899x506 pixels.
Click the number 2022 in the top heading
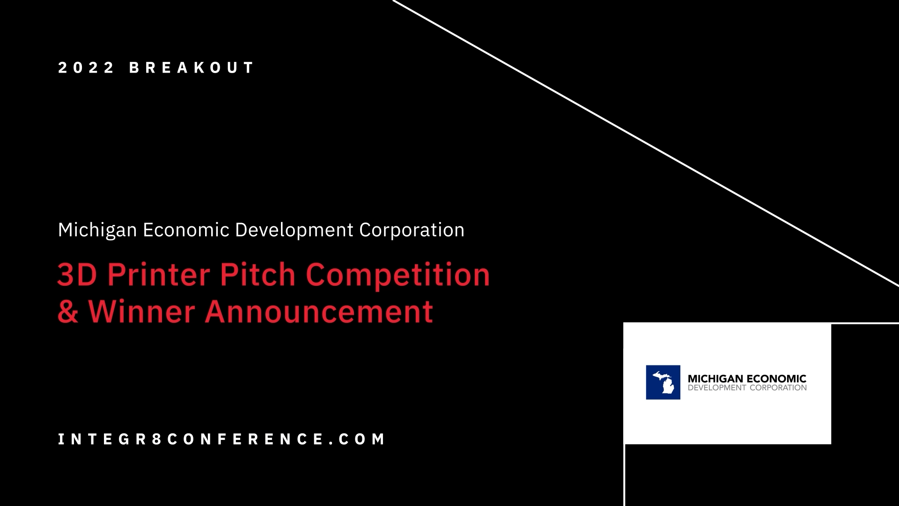tap(86, 67)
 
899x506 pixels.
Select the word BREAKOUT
tap(192, 67)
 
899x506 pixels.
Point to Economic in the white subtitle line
tap(186, 230)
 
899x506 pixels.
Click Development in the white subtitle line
tap(294, 231)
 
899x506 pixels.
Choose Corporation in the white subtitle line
tap(412, 231)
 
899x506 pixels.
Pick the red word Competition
tap(398, 275)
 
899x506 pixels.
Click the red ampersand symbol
tap(68, 312)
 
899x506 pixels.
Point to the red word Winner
tap(141, 311)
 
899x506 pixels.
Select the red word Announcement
tap(319, 312)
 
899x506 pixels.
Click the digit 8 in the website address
tap(157, 439)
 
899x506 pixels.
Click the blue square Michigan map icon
tap(663, 382)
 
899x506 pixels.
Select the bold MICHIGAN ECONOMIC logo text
tap(747, 379)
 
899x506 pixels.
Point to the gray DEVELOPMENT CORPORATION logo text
tap(747, 388)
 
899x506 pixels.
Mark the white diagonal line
tap(646, 143)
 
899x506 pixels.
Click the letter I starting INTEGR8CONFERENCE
tap(60, 439)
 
